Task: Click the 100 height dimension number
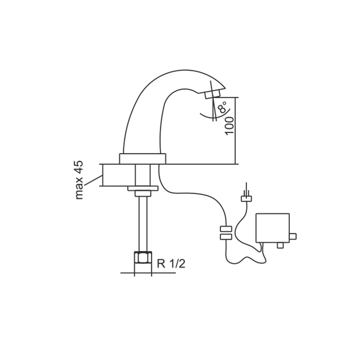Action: point(229,125)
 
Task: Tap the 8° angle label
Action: point(223,107)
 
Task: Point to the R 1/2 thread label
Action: point(171,264)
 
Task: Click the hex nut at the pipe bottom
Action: point(143,257)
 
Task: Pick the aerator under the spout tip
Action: point(212,94)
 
